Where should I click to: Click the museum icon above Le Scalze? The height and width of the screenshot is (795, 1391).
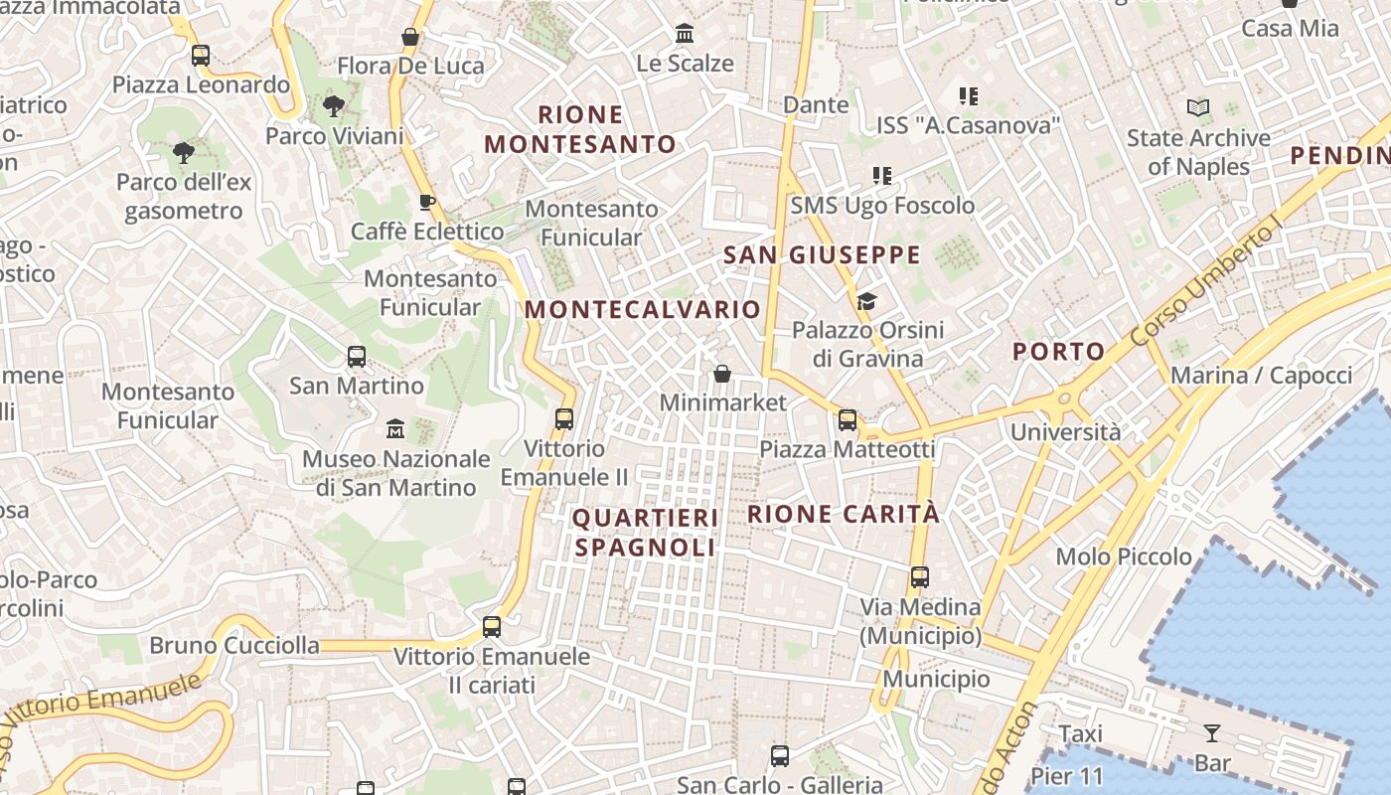685,34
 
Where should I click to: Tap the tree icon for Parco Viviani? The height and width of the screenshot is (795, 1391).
334,106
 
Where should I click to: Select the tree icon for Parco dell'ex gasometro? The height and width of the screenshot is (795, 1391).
183,152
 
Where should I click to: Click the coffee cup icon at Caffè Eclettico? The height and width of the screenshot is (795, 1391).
427,203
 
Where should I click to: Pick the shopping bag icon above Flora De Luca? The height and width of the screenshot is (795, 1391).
409,37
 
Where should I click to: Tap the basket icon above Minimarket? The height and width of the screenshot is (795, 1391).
722,374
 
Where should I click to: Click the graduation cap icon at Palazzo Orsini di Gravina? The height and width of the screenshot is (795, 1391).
867,300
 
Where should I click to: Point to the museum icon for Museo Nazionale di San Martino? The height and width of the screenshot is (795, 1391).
395,429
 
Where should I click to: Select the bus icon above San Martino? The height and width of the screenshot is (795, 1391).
356,356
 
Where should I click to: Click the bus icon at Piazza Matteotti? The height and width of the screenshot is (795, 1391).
848,420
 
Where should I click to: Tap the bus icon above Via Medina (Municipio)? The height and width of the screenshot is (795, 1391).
920,576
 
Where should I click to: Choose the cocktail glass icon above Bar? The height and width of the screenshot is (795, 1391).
1212,734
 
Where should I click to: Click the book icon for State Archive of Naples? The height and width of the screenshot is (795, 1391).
1198,107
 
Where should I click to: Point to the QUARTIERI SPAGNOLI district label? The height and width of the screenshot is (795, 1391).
645,533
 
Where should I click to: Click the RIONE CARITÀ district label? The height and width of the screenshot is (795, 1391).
843,514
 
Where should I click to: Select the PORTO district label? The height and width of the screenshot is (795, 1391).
1058,351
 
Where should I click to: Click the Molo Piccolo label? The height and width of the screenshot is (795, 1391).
1124,556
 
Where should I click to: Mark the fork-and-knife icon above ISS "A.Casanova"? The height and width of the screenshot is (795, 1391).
969,96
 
